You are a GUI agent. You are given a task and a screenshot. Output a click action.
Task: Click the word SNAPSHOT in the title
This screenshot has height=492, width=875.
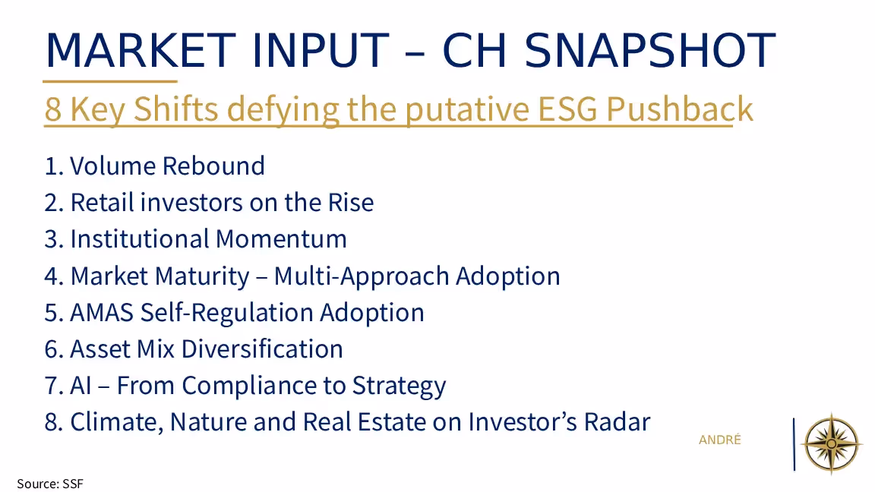coord(650,49)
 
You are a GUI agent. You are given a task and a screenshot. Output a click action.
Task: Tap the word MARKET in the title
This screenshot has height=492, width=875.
coord(140,49)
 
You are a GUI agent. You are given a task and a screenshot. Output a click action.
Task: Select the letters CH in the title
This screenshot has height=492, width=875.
coord(474,49)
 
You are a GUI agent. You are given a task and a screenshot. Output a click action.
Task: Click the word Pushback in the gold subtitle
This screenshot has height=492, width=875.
coord(680,109)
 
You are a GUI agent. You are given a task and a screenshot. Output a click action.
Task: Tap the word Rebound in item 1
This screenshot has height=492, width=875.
coord(213,166)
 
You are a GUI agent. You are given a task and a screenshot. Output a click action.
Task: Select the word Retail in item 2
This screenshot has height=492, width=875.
coord(102,202)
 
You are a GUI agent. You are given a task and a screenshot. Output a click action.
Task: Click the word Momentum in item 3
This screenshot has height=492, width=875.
coord(281,238)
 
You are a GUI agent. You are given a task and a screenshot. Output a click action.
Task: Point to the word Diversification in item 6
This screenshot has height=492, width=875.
coord(262,348)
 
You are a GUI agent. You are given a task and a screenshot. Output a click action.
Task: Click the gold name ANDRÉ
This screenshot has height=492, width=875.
coord(720,440)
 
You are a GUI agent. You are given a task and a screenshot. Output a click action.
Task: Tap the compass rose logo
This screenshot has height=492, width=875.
coord(832,444)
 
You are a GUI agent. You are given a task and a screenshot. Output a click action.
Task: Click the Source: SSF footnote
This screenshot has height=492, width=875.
coord(50,484)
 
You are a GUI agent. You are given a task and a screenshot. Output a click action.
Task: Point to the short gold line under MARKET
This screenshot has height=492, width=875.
coord(110,81)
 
